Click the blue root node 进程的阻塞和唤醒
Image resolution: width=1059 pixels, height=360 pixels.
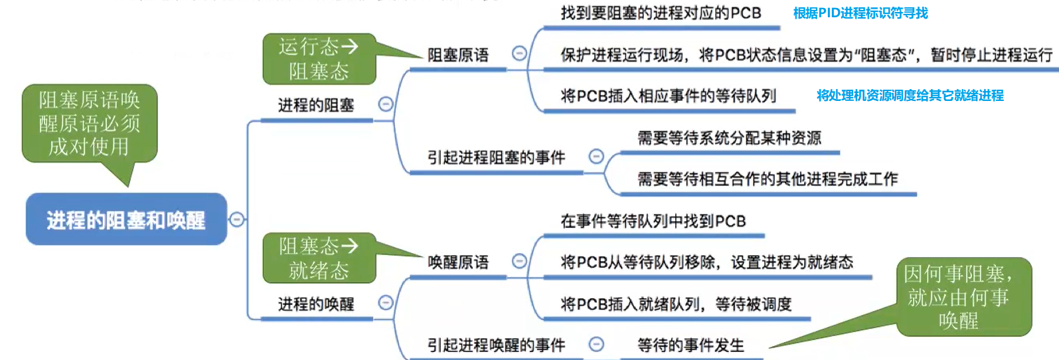click(x=126, y=220)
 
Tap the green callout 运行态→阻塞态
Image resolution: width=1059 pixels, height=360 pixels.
click(x=319, y=58)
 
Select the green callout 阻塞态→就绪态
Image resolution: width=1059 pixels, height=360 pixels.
click(x=319, y=258)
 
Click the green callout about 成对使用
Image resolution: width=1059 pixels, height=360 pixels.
click(x=90, y=124)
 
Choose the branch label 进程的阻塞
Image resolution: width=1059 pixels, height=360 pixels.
click(x=316, y=105)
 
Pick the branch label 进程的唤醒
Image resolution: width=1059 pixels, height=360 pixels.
click(x=316, y=304)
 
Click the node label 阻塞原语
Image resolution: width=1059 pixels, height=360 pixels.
click(x=458, y=55)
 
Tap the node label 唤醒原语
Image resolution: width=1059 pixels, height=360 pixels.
click(x=458, y=262)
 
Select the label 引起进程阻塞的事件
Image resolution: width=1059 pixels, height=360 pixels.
click(x=496, y=157)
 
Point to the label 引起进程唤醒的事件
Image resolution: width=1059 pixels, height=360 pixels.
click(x=496, y=345)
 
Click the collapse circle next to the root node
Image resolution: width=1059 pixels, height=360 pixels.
click(x=237, y=219)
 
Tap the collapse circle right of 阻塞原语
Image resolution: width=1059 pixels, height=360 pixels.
click(x=519, y=54)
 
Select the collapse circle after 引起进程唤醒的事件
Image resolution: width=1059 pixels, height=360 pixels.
click(x=596, y=344)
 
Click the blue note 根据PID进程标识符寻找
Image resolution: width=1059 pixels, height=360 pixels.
click(x=860, y=13)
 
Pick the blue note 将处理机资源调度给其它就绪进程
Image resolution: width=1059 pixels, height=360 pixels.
click(x=910, y=96)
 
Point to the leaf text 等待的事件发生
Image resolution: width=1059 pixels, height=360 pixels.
click(x=691, y=345)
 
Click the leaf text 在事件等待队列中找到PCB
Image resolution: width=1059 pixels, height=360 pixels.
click(x=653, y=221)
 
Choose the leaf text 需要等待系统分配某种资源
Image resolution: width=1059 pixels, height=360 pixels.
click(x=729, y=138)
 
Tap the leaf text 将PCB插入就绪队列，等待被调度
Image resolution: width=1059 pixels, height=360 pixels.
click(x=676, y=304)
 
